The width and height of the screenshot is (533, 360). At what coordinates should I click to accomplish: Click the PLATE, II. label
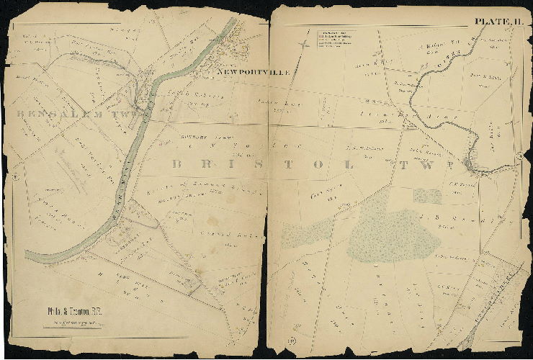(498, 22)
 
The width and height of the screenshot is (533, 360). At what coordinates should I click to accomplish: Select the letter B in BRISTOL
(176, 163)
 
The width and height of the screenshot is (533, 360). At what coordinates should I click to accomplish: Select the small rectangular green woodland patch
(428, 196)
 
